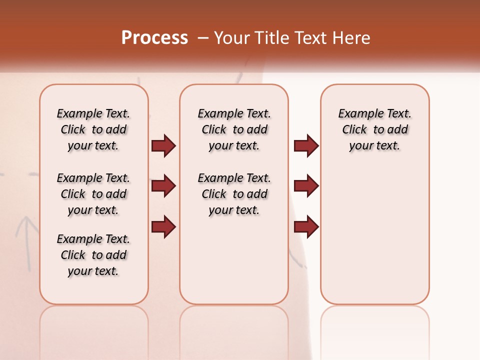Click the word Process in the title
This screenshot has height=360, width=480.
[154, 38]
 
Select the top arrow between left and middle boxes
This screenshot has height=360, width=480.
[163, 145]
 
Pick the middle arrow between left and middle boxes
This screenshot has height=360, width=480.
[163, 186]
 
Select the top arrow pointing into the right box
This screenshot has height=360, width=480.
[306, 145]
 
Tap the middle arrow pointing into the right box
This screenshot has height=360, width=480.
[306, 186]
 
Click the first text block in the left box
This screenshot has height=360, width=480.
[93, 129]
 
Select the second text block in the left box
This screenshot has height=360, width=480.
[93, 194]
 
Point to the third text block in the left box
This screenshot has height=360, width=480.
[93, 255]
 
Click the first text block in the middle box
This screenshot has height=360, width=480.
[234, 129]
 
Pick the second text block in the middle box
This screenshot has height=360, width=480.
[234, 194]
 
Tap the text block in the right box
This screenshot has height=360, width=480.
[375, 129]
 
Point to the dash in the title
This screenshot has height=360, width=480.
[203, 38]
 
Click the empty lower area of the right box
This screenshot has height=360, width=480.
[375, 240]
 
